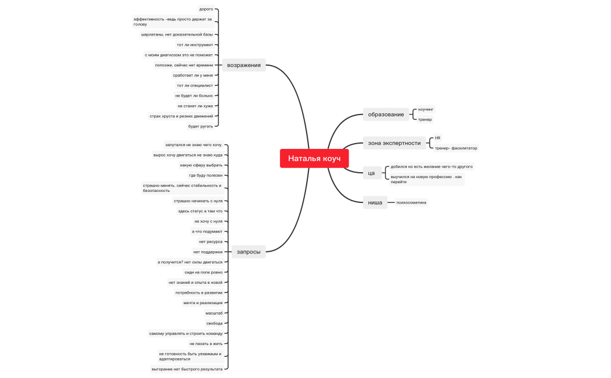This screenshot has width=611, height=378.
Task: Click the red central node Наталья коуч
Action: click(x=314, y=158)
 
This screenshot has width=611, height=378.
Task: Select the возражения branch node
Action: click(x=244, y=65)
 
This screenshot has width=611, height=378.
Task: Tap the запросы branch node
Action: click(x=248, y=252)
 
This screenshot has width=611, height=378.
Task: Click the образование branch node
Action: click(x=386, y=115)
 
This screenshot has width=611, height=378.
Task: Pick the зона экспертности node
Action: click(x=395, y=143)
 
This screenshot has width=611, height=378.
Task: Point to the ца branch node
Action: click(x=371, y=173)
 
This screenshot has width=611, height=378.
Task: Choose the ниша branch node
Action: click(x=375, y=202)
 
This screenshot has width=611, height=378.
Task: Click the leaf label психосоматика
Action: click(x=411, y=202)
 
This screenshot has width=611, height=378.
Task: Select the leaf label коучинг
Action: click(x=425, y=109)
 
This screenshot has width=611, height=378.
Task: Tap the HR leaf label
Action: click(x=438, y=138)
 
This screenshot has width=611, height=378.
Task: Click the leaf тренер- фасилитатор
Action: click(x=456, y=148)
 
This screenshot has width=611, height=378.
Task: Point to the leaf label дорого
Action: click(x=206, y=9)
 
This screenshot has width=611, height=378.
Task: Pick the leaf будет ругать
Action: click(x=201, y=126)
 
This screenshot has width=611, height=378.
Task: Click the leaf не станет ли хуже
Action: click(x=195, y=106)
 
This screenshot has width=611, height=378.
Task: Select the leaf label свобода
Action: click(x=214, y=323)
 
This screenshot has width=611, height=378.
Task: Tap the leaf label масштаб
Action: click(x=214, y=313)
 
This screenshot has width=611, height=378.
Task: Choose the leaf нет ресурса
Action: click(x=211, y=242)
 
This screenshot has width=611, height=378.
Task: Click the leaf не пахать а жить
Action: click(x=206, y=344)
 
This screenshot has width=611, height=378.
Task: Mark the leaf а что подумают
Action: click(x=207, y=231)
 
